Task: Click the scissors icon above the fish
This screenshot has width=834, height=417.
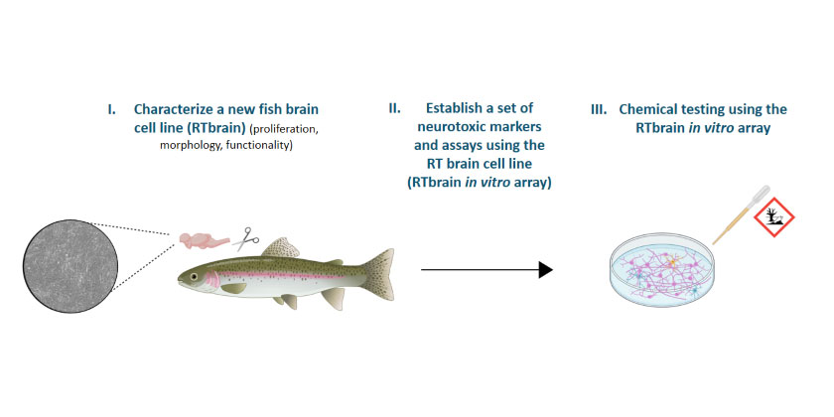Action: click(x=244, y=239)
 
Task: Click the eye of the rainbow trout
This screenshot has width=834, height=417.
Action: click(x=193, y=277)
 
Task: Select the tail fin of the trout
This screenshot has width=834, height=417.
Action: click(x=379, y=273)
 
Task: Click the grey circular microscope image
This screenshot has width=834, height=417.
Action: click(x=70, y=266)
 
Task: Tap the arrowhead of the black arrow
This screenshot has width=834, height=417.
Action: click(x=546, y=270)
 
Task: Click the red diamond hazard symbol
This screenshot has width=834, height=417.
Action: click(x=772, y=217)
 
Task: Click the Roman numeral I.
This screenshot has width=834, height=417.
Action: click(x=110, y=110)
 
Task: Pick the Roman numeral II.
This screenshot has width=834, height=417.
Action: click(x=394, y=109)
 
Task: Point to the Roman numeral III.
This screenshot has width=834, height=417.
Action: click(x=599, y=110)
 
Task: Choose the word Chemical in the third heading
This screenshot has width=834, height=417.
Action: click(x=643, y=109)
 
